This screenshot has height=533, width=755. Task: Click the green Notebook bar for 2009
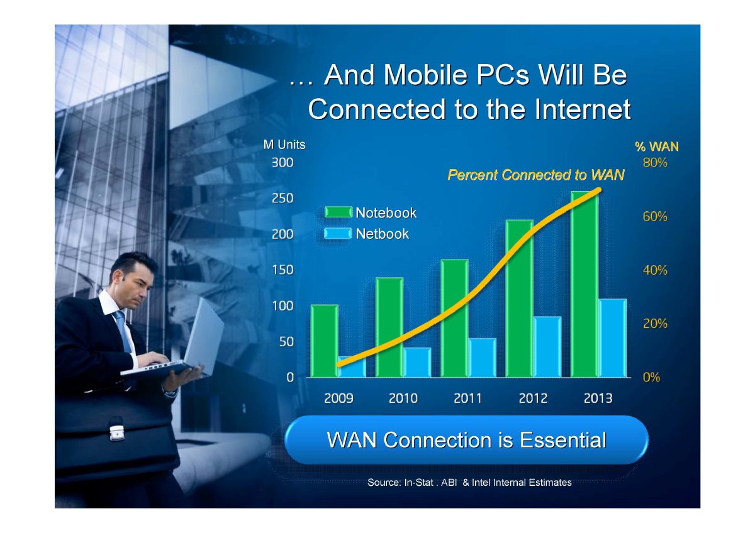pos(324,341)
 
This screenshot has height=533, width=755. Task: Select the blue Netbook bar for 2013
pos(612,338)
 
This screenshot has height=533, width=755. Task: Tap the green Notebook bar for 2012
pos(520,299)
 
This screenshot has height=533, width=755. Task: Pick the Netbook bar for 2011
pos(483,358)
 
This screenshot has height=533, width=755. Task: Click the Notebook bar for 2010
pos(389,327)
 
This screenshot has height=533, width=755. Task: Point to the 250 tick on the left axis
pos(282,199)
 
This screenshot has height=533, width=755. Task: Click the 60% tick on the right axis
pos(655,216)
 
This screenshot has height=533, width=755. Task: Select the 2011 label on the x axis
pos(467,398)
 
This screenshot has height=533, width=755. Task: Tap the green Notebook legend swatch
pos(338,212)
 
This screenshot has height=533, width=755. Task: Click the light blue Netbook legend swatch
pos(338,233)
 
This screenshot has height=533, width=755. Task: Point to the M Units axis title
pos(284,145)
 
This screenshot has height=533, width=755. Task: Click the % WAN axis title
pos(657,147)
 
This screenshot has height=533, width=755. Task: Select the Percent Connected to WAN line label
pos(535,175)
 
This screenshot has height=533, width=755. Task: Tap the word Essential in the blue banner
pos(562,440)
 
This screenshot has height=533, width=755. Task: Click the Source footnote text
pos(469,483)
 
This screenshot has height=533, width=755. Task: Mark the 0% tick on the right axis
pos(651,378)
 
